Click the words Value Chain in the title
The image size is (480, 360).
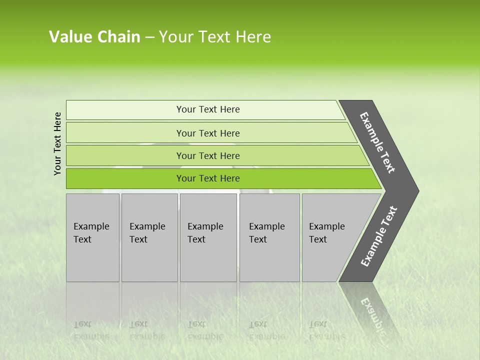94,37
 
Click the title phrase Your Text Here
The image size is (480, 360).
215,37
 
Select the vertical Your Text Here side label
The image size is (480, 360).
57,143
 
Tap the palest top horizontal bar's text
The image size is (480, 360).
208,109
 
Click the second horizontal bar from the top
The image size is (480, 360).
208,133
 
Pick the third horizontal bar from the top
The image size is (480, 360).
208,156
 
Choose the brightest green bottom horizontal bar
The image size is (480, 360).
208,178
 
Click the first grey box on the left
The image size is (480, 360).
92,237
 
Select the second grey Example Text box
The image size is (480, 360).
148,237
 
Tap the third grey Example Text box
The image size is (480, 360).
207,237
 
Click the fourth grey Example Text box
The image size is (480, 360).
269,237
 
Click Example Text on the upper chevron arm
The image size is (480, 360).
377,142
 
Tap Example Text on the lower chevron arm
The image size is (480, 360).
379,236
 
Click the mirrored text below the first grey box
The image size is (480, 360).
91,330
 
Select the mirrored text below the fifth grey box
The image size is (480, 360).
326,330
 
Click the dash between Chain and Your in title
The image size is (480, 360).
149,37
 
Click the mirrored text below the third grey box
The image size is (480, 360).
205,330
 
